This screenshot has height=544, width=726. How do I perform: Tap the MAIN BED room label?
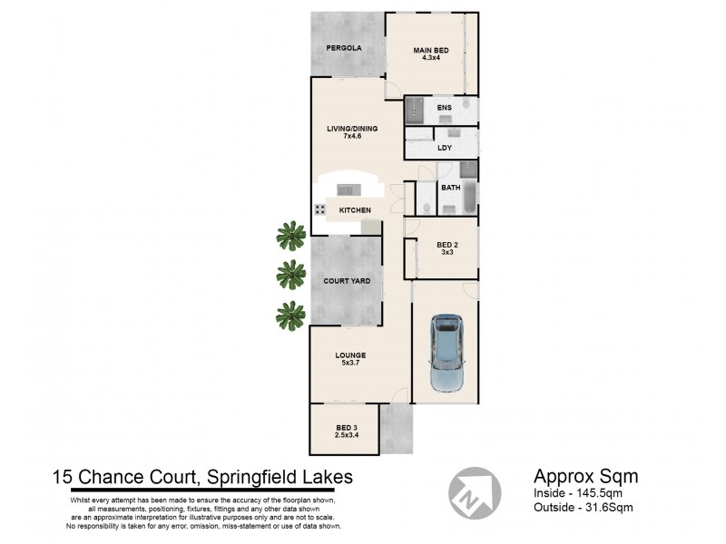click(x=432, y=51)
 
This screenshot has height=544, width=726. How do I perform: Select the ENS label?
click(x=445, y=109)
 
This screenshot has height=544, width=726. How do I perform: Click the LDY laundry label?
click(x=445, y=148)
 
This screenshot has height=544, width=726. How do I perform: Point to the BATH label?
click(x=450, y=188)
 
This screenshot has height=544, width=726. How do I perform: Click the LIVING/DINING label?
click(x=352, y=128)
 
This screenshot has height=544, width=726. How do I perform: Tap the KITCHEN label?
click(x=355, y=210)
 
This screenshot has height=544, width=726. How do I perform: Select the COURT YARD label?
click(x=346, y=281)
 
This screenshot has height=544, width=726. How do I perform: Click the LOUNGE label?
click(x=349, y=355)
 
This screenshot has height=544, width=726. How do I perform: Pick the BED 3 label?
click(x=347, y=427)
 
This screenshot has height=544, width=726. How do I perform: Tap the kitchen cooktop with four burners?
click(x=321, y=209)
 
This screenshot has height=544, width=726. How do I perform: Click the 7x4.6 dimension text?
click(x=352, y=136)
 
